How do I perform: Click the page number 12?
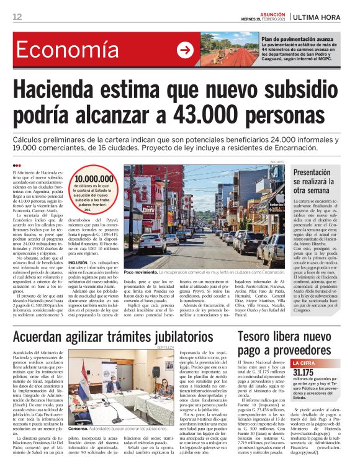(17, 16)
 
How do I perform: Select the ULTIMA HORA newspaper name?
(324, 16)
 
